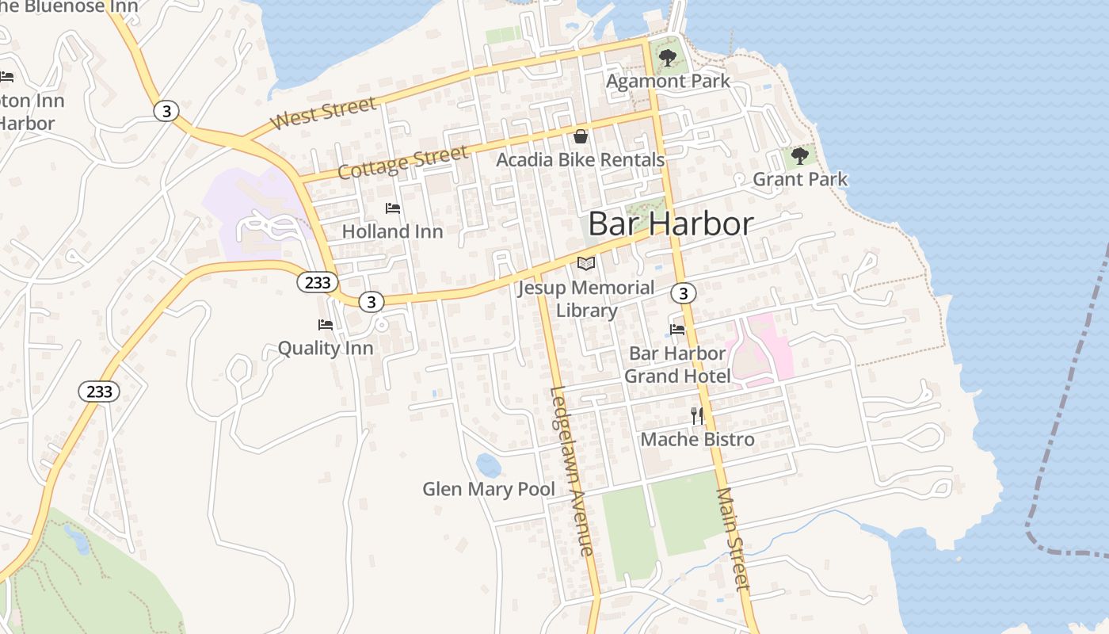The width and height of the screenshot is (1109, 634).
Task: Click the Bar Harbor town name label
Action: click(x=670, y=224)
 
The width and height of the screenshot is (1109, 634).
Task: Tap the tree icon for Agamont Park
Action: click(x=668, y=57)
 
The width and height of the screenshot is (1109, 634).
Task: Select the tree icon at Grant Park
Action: click(x=800, y=155)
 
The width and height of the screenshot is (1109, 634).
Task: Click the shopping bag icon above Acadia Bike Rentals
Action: click(x=581, y=136)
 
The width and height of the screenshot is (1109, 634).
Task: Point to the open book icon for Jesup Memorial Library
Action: click(x=585, y=263)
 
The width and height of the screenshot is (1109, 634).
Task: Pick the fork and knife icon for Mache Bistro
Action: click(x=697, y=414)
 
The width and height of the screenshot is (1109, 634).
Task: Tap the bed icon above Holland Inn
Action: click(x=392, y=208)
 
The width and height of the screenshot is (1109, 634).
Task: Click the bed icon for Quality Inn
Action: click(x=325, y=325)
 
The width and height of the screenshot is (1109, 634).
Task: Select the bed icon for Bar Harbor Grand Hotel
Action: click(x=677, y=330)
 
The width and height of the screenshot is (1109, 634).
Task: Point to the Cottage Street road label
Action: click(x=402, y=162)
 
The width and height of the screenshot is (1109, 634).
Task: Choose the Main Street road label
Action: click(x=733, y=539)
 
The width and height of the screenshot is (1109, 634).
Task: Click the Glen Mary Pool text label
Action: click(x=489, y=489)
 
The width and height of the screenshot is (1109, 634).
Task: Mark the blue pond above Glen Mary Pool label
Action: click(x=489, y=465)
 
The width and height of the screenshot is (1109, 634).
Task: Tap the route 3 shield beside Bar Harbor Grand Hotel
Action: click(x=683, y=293)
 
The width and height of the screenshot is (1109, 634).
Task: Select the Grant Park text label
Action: click(x=800, y=179)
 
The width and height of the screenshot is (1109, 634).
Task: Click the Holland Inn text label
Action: click(x=392, y=231)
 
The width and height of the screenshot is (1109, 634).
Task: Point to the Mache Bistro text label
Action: click(x=697, y=439)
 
